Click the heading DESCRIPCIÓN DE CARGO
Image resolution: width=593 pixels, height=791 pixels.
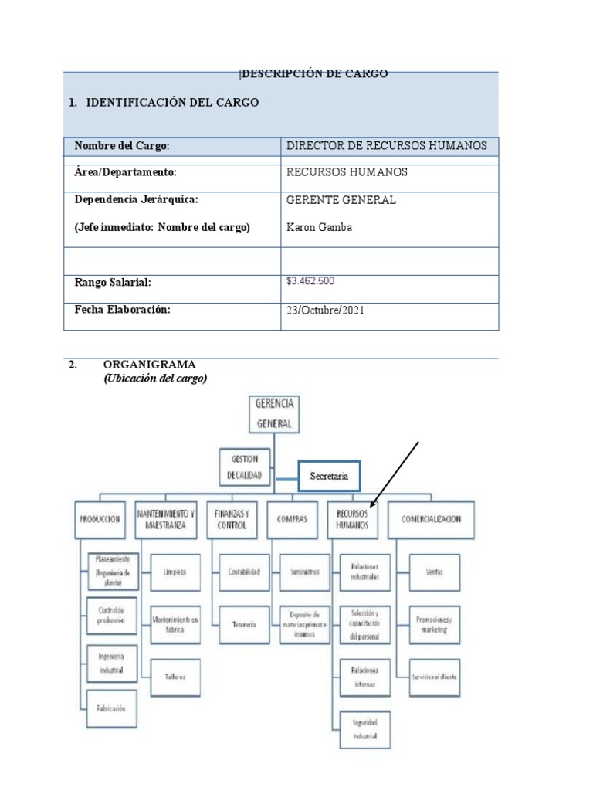coord(314,74)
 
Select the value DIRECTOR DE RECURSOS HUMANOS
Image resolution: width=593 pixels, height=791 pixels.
coord(387,146)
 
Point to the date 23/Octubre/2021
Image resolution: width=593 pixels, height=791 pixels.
coord(325,311)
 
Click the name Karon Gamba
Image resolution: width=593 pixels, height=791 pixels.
coord(319,227)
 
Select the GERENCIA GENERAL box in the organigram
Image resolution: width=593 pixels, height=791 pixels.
coord(274,413)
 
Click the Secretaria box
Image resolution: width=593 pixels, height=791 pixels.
coord(330,477)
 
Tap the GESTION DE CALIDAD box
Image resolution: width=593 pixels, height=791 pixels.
coord(245,466)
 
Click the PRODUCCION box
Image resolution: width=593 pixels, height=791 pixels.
coord(100,520)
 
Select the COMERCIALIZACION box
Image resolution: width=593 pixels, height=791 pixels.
coord(432,520)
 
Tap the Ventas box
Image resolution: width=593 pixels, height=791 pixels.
coord(434,572)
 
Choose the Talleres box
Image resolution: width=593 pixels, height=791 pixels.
coord(175,677)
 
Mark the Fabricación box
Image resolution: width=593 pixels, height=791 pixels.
coord(111,708)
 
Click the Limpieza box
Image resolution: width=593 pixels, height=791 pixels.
coord(175,572)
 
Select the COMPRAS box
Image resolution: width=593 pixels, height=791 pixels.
coord(292,520)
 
